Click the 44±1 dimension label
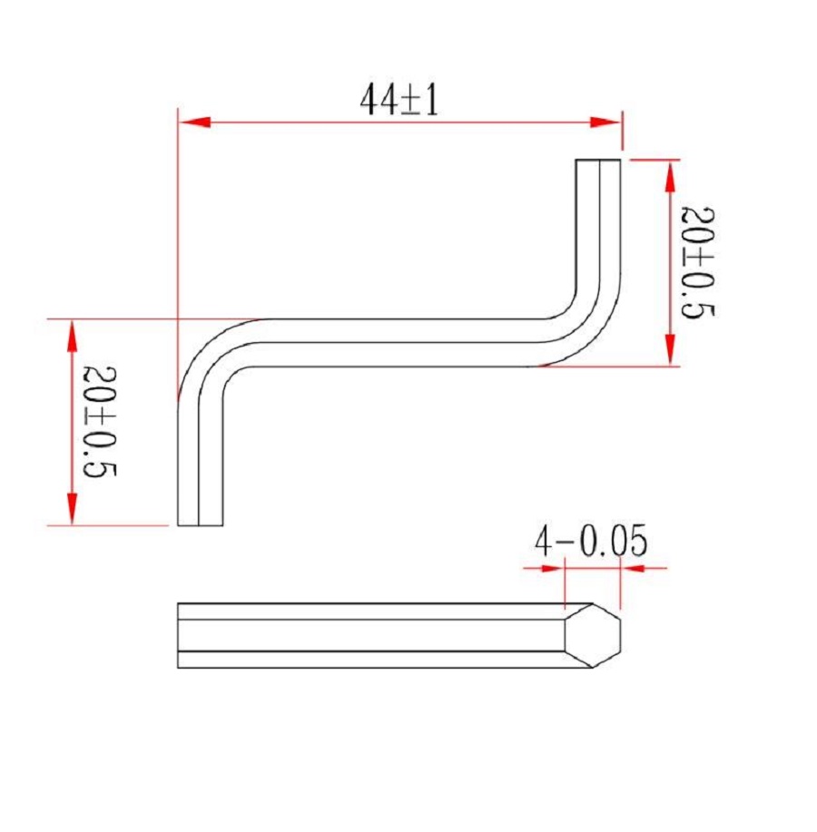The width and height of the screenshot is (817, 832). pyautogui.click(x=399, y=100)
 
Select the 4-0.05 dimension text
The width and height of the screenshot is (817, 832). pyautogui.click(x=591, y=541)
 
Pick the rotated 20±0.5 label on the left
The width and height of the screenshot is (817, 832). pyautogui.click(x=99, y=421)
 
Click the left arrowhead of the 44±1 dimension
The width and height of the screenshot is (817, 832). pyautogui.click(x=195, y=122)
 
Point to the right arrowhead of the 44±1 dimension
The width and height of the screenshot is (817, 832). pyautogui.click(x=605, y=122)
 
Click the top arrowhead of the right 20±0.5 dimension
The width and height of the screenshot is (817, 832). pyautogui.click(x=670, y=176)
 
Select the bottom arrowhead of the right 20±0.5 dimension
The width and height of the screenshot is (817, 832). pyautogui.click(x=670, y=349)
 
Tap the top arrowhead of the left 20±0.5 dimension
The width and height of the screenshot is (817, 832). pyautogui.click(x=73, y=336)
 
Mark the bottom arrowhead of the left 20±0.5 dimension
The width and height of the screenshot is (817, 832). pyautogui.click(x=73, y=509)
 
